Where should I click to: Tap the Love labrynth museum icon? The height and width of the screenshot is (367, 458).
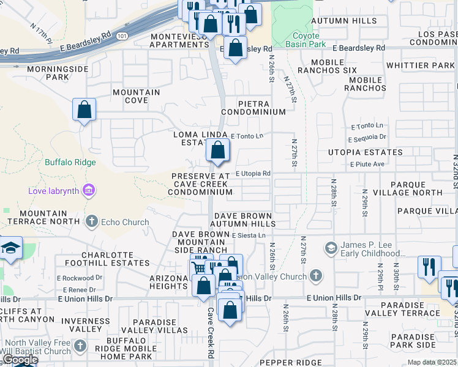click(x=89, y=191)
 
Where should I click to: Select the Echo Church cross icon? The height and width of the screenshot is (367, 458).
click(x=92, y=221)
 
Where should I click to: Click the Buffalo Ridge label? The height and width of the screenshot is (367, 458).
click(x=70, y=162)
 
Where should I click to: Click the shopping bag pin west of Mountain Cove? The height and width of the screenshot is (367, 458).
click(x=84, y=110)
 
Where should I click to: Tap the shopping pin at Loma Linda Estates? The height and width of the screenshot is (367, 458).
click(x=217, y=150)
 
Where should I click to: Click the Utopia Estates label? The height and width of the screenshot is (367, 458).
click(x=366, y=152)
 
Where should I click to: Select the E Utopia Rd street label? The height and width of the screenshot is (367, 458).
click(x=253, y=174)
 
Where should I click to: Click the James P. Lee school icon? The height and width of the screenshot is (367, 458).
click(x=331, y=248)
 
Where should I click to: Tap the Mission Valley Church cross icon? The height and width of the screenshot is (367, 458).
click(x=315, y=276)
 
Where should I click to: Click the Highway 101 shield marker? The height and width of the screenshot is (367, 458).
click(x=122, y=35)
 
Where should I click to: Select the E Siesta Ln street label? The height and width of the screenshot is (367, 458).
click(x=249, y=235)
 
